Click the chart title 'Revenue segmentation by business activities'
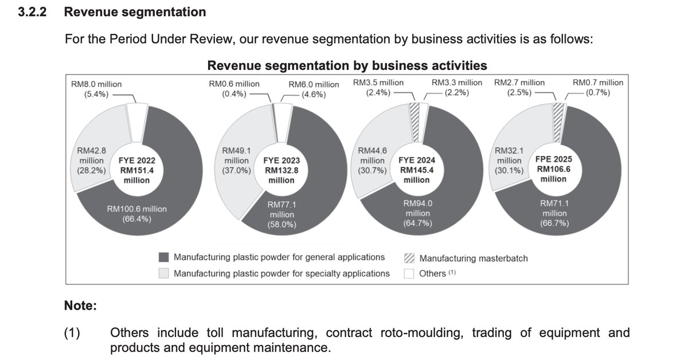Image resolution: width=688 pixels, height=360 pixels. (347, 65)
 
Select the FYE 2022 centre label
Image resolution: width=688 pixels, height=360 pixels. (136, 170)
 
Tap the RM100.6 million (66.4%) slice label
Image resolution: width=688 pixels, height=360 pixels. (136, 213)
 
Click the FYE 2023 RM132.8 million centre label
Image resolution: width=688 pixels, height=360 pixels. (281, 170)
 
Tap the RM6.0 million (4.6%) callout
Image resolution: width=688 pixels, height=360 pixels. (314, 89)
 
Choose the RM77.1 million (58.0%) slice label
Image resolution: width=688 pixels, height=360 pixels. (281, 214)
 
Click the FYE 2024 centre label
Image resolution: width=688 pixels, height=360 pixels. (416, 170)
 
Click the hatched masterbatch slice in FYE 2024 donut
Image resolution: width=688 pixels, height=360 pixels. (414, 123)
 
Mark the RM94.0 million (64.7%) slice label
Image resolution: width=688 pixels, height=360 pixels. (416, 213)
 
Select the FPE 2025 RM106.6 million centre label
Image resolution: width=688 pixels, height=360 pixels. (553, 169)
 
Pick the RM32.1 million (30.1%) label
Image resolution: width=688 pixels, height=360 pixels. (509, 161)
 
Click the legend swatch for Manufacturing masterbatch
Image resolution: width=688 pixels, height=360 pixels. (409, 258)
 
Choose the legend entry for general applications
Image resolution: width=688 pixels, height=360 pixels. (279, 257)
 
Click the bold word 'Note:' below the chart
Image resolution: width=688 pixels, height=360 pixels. (80, 306)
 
